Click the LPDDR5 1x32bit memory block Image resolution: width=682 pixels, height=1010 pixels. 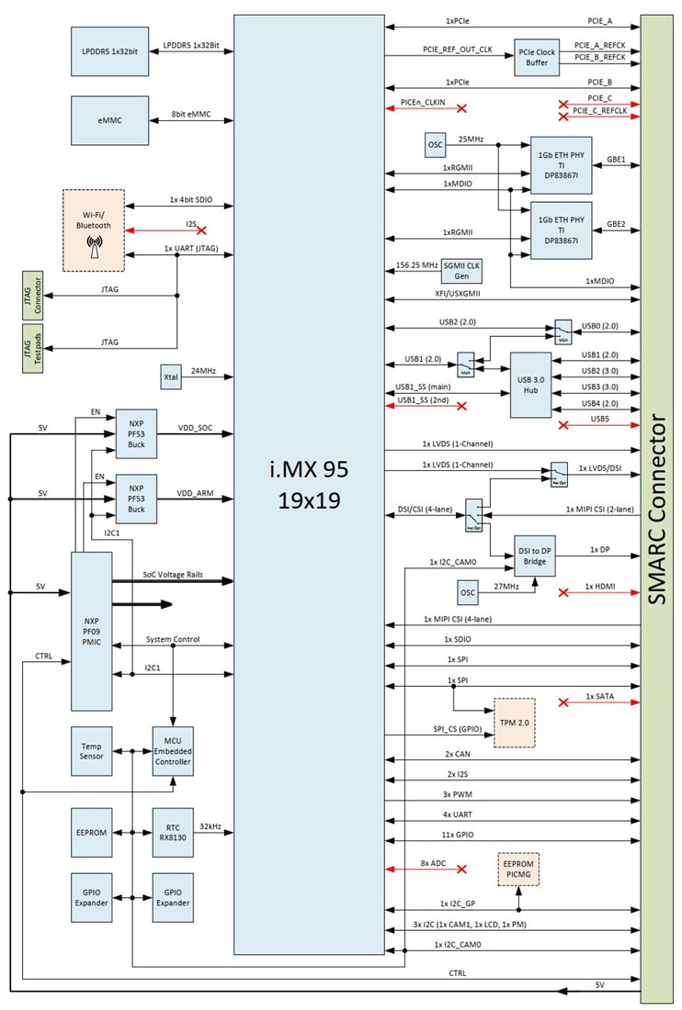tap(109, 46)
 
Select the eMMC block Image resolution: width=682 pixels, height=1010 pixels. tap(109, 120)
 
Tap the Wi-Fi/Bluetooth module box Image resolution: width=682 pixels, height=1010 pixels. tap(93, 230)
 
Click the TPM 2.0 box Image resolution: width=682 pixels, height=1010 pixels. tap(514, 723)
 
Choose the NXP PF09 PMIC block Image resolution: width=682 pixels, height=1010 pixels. tap(91, 631)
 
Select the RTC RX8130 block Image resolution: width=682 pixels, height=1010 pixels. tap(171, 832)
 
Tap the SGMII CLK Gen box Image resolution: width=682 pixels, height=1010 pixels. tap(461, 271)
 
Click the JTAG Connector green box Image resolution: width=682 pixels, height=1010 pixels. tap(31, 296)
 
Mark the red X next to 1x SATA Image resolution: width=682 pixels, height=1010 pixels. tap(563, 702)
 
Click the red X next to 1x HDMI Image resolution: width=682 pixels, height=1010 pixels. tap(563, 593)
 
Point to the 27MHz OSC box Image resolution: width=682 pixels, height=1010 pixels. tap(468, 592)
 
